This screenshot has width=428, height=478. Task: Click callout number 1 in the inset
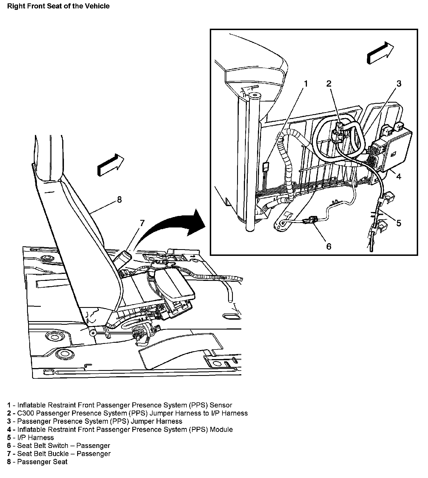click(x=306, y=84)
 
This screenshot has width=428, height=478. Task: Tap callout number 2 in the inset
click(x=329, y=84)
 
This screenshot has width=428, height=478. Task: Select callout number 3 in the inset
click(x=398, y=84)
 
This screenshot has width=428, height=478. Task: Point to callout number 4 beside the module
click(x=398, y=177)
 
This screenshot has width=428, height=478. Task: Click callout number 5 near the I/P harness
click(x=398, y=223)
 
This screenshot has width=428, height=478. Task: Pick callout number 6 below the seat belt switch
click(x=329, y=246)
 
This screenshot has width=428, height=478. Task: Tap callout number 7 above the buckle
click(x=142, y=223)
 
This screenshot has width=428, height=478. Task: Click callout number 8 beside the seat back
click(x=119, y=200)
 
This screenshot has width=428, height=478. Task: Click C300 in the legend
click(x=25, y=413)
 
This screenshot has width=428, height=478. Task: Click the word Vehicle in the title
click(x=98, y=6)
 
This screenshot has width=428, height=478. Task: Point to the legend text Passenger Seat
click(x=42, y=462)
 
